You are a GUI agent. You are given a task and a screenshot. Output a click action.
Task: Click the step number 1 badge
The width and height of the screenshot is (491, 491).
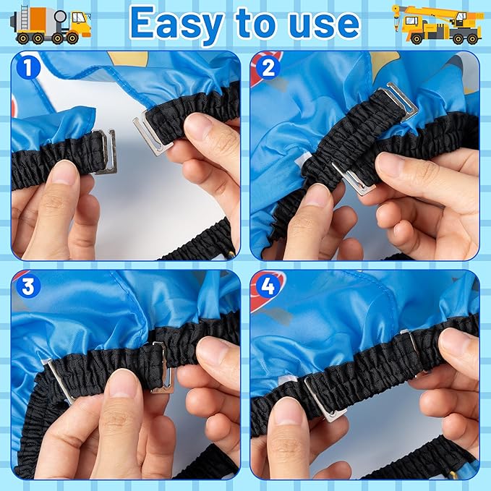pos(28,68)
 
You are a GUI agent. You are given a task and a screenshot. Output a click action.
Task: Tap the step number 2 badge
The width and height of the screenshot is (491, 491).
pos(268,68)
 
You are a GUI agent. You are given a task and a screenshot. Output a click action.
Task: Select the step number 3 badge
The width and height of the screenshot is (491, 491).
pos(28,286)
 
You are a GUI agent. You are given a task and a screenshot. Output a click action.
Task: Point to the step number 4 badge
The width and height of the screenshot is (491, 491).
pos(268,286)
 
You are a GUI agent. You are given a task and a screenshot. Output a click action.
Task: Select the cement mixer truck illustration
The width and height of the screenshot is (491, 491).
pos(51,25)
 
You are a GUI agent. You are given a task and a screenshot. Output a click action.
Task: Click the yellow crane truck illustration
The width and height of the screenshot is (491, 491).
pos(437,25)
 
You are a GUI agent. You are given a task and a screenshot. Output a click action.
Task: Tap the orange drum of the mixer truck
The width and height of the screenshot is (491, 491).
pos(38,19)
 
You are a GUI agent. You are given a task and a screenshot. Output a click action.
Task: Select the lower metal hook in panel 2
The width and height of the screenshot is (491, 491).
pos(353,179)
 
